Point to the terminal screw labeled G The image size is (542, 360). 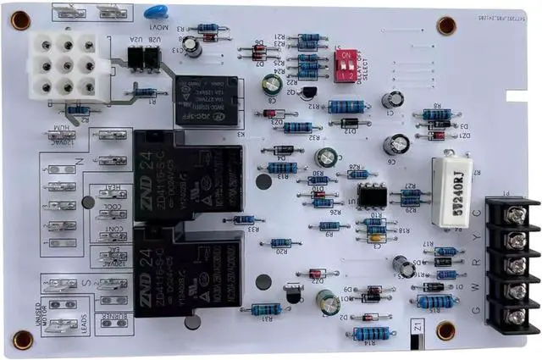[x=514, y=317]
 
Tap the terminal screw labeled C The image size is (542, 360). [x=514, y=213]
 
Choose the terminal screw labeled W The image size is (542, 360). [x=514, y=291]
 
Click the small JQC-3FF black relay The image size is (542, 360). [x=206, y=101]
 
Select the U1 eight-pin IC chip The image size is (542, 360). [x=372, y=195]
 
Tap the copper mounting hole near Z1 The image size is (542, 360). [x=445, y=330]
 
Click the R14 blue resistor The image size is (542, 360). [x=370, y=333]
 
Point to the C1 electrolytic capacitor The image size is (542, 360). [x=392, y=101]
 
